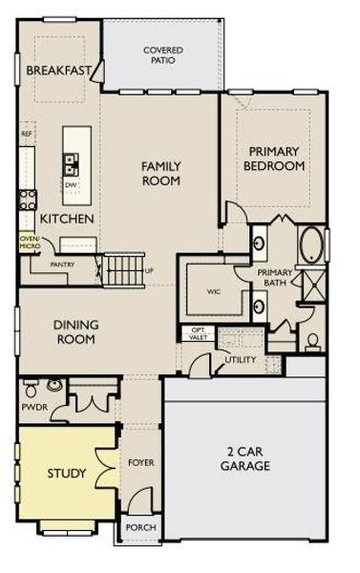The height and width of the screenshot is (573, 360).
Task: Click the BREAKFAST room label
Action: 58,71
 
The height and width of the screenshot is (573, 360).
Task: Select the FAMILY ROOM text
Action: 161,174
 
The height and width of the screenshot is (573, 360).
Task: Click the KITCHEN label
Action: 67,219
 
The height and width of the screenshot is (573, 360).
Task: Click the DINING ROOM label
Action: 75,331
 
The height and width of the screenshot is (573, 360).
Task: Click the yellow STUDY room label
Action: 67,473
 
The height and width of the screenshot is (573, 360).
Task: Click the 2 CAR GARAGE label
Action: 243,458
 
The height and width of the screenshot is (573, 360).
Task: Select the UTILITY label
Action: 240,360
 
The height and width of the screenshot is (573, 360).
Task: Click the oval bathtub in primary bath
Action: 311,246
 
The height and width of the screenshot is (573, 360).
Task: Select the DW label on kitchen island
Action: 71,185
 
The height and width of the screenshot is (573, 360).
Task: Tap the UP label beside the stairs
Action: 148,270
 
